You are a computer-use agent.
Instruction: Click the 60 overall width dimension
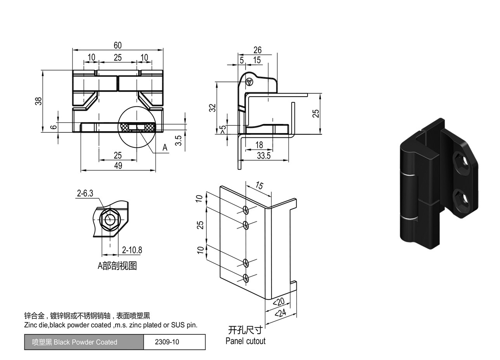point(118,45)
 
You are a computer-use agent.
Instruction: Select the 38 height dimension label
point(38,101)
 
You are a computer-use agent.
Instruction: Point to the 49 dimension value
point(118,165)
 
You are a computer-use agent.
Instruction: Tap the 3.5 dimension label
point(178,140)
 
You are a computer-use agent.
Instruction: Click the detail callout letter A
point(165,147)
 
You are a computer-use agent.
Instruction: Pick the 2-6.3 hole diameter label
point(85,193)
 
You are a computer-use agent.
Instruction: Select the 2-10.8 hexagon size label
point(132,250)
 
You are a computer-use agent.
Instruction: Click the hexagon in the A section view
point(110,219)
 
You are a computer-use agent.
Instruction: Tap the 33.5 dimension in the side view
point(264,156)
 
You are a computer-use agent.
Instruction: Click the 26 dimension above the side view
point(257,50)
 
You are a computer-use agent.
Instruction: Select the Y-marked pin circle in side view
point(250,82)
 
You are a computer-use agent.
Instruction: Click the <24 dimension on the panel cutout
point(280,313)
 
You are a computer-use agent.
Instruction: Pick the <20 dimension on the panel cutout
point(279,302)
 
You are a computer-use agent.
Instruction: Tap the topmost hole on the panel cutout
point(246,210)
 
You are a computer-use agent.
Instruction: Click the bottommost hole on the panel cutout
point(246,278)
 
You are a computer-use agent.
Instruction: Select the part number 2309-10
point(167,342)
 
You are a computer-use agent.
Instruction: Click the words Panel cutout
point(245,341)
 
